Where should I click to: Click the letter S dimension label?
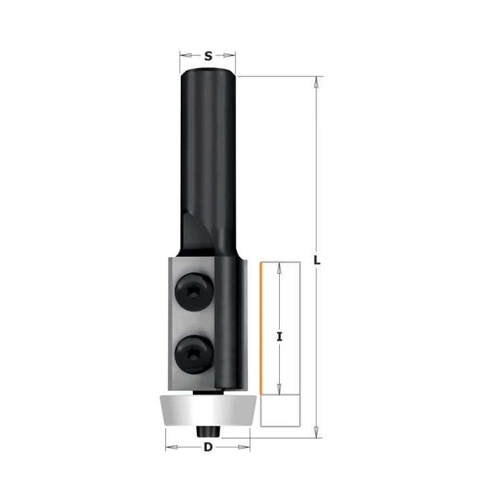pos(208,56)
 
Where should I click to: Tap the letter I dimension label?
pos(280,337)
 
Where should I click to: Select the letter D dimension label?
pos(208,447)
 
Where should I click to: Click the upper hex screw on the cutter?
pos(194,292)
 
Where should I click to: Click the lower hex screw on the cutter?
pos(194,354)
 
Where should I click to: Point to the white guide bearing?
pos(207,410)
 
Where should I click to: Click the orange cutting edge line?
pos(261,328)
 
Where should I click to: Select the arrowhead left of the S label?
pos(186,56)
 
